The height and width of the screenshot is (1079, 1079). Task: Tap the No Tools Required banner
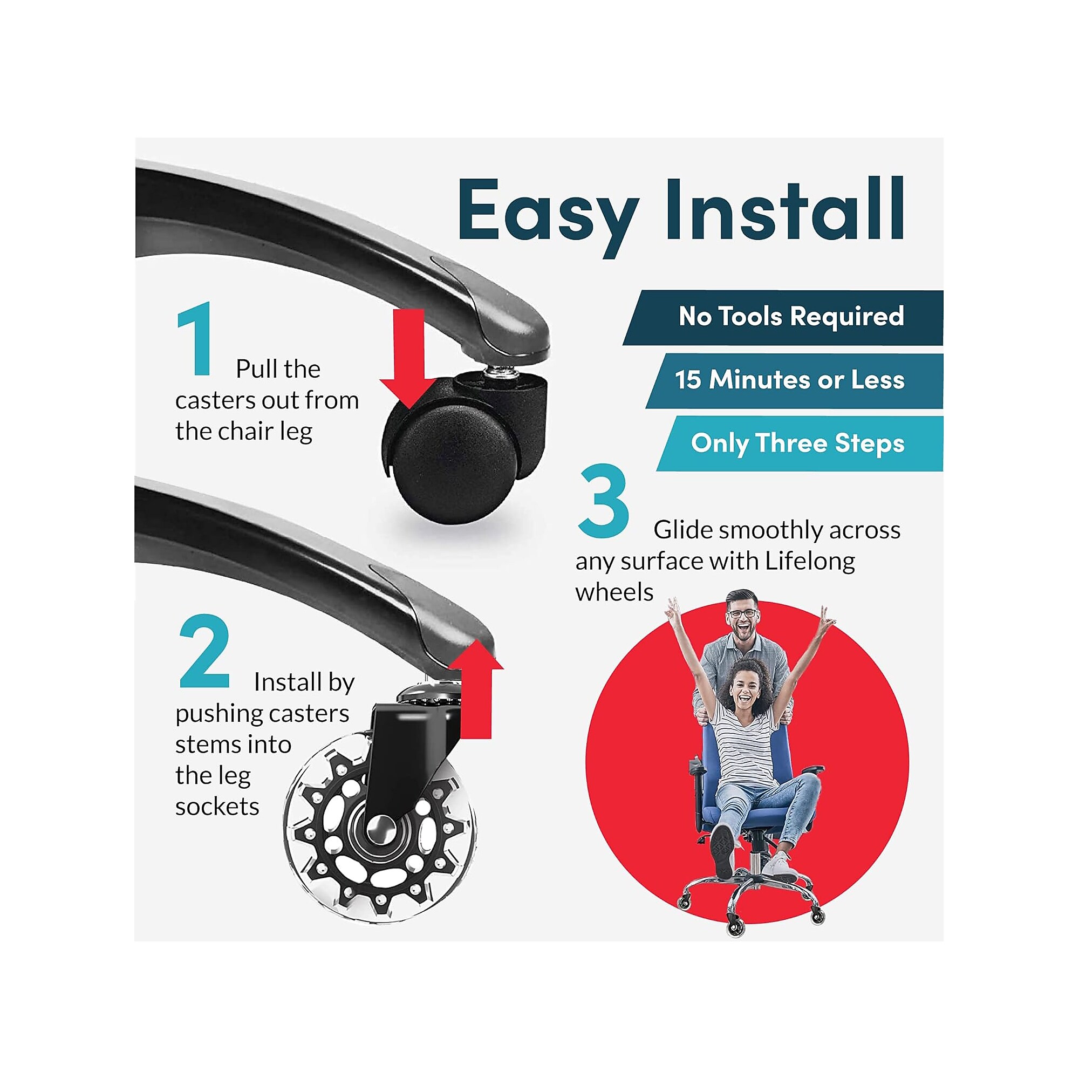[x=783, y=318]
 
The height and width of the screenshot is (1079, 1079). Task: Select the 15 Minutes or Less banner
[x=794, y=380]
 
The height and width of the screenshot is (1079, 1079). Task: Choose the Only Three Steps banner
[x=800, y=443]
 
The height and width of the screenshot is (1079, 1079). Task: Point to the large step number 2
[x=204, y=651]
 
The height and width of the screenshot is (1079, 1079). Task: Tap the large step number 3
[x=604, y=501]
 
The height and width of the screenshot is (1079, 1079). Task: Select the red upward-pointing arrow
[x=476, y=689]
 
